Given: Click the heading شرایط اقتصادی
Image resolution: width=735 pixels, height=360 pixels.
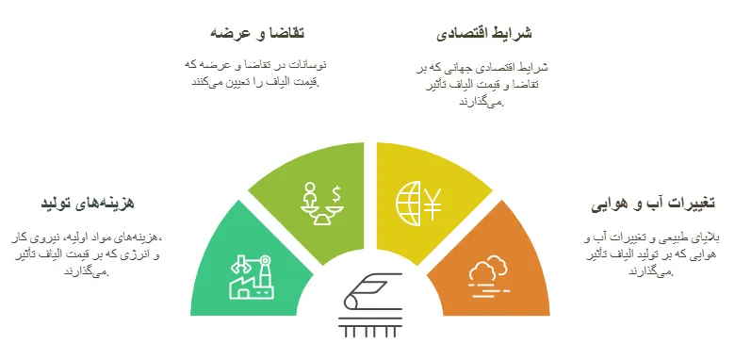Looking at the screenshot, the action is (x=483, y=34).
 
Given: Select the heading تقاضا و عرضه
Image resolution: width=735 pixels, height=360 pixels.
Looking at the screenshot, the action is (x=257, y=33).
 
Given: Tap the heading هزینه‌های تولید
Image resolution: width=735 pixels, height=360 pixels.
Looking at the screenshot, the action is (x=88, y=203).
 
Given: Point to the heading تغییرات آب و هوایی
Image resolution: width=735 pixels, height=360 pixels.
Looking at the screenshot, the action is (x=653, y=204).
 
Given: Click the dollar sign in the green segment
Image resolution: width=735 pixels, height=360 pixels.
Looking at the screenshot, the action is (x=336, y=193).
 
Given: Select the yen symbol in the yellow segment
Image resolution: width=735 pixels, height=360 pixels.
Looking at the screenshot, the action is (x=433, y=204).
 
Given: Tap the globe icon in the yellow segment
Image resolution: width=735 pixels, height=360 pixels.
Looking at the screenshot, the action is (x=408, y=204).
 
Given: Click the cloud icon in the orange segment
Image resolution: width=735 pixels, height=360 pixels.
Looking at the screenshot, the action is (x=487, y=270).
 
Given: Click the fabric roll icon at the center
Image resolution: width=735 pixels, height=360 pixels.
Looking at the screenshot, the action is (x=372, y=291).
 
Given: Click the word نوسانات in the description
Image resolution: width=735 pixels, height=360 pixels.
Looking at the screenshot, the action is (x=310, y=65).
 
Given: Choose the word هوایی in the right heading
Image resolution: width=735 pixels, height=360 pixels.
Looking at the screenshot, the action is (x=609, y=205).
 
